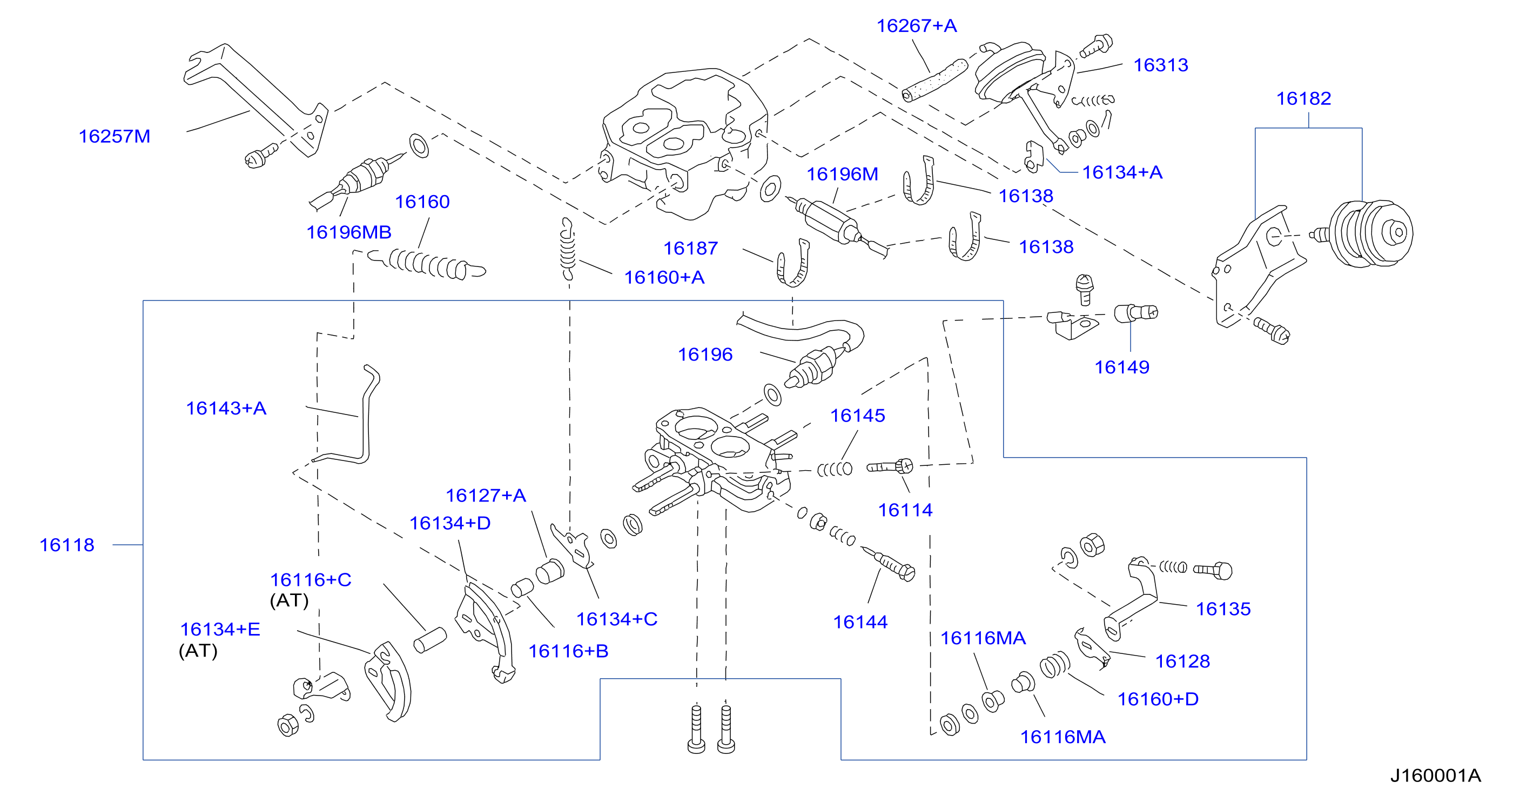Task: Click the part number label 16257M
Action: (114, 136)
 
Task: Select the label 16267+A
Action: (917, 26)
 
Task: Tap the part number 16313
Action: (1160, 65)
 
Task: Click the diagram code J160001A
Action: (1435, 776)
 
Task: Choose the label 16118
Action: (67, 545)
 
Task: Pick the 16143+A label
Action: (226, 408)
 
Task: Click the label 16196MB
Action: (348, 232)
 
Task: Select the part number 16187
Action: (690, 248)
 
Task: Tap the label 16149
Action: (1121, 367)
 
